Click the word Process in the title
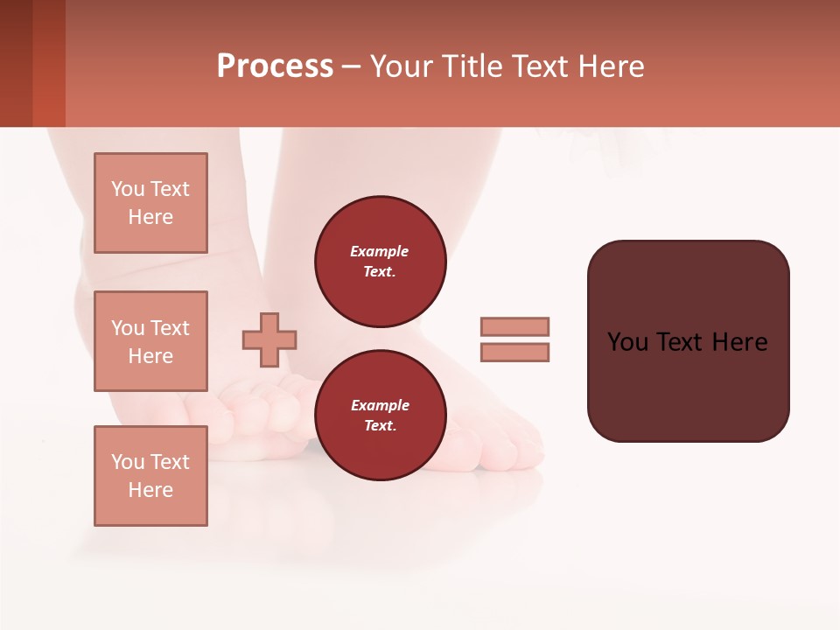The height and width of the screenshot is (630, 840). [x=275, y=66]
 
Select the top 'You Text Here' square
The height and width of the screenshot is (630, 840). [x=150, y=203]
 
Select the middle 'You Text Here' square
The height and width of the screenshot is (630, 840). [x=150, y=341]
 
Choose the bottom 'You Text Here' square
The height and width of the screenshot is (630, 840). [x=150, y=476]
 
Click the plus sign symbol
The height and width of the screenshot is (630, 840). [x=269, y=339]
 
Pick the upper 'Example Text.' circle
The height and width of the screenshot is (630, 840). [x=381, y=262]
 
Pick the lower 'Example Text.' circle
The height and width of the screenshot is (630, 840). [x=381, y=415]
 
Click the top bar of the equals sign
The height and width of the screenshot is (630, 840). [x=515, y=326]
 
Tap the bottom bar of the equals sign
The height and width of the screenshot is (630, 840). [x=515, y=353]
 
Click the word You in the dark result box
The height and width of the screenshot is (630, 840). [x=627, y=342]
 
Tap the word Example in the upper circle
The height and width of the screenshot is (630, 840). [x=380, y=251]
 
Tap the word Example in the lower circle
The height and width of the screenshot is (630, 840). [x=380, y=405]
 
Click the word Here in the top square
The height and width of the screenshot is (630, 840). [x=150, y=217]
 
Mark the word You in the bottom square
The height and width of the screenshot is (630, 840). [x=128, y=462]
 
